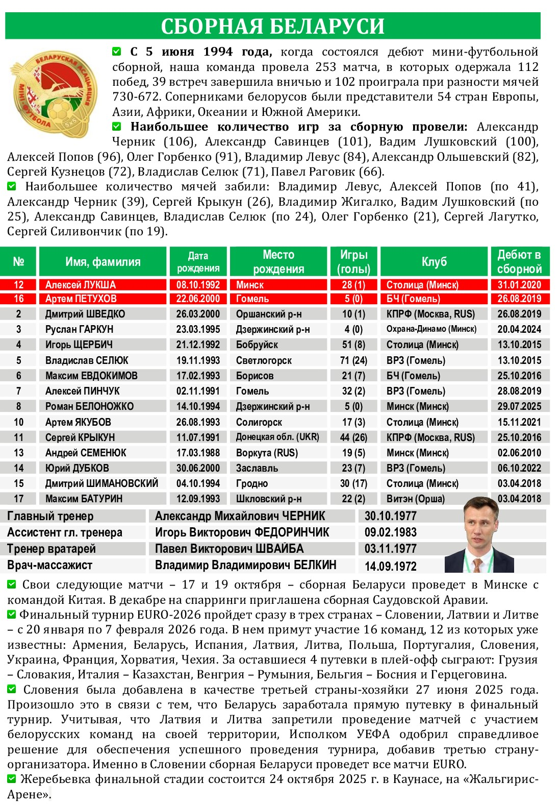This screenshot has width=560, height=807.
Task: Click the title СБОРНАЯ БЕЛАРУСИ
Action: click(272, 26)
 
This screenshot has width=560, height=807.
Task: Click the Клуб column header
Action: click(434, 262)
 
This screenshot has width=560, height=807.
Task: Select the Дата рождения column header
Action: click(198, 262)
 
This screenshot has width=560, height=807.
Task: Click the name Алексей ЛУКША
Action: click(81, 285)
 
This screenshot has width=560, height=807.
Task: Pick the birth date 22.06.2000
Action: click(198, 299)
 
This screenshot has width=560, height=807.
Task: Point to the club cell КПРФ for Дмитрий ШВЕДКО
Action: click(430, 314)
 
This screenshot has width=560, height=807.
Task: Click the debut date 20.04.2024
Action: click(519, 329)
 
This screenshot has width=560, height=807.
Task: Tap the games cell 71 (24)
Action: click(353, 360)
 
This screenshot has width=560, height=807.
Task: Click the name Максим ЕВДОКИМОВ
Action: click(91, 376)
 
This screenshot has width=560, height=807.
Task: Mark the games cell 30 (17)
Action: click(353, 483)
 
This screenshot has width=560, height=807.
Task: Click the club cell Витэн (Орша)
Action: click(415, 499)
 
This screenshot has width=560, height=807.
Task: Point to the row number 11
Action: click(19, 437)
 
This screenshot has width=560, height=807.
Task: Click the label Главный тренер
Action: click(50, 516)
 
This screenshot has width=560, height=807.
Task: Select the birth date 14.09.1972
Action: click(390, 566)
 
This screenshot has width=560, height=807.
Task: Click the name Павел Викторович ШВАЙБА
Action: click(229, 549)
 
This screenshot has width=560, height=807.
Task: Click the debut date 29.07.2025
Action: click(519, 406)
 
